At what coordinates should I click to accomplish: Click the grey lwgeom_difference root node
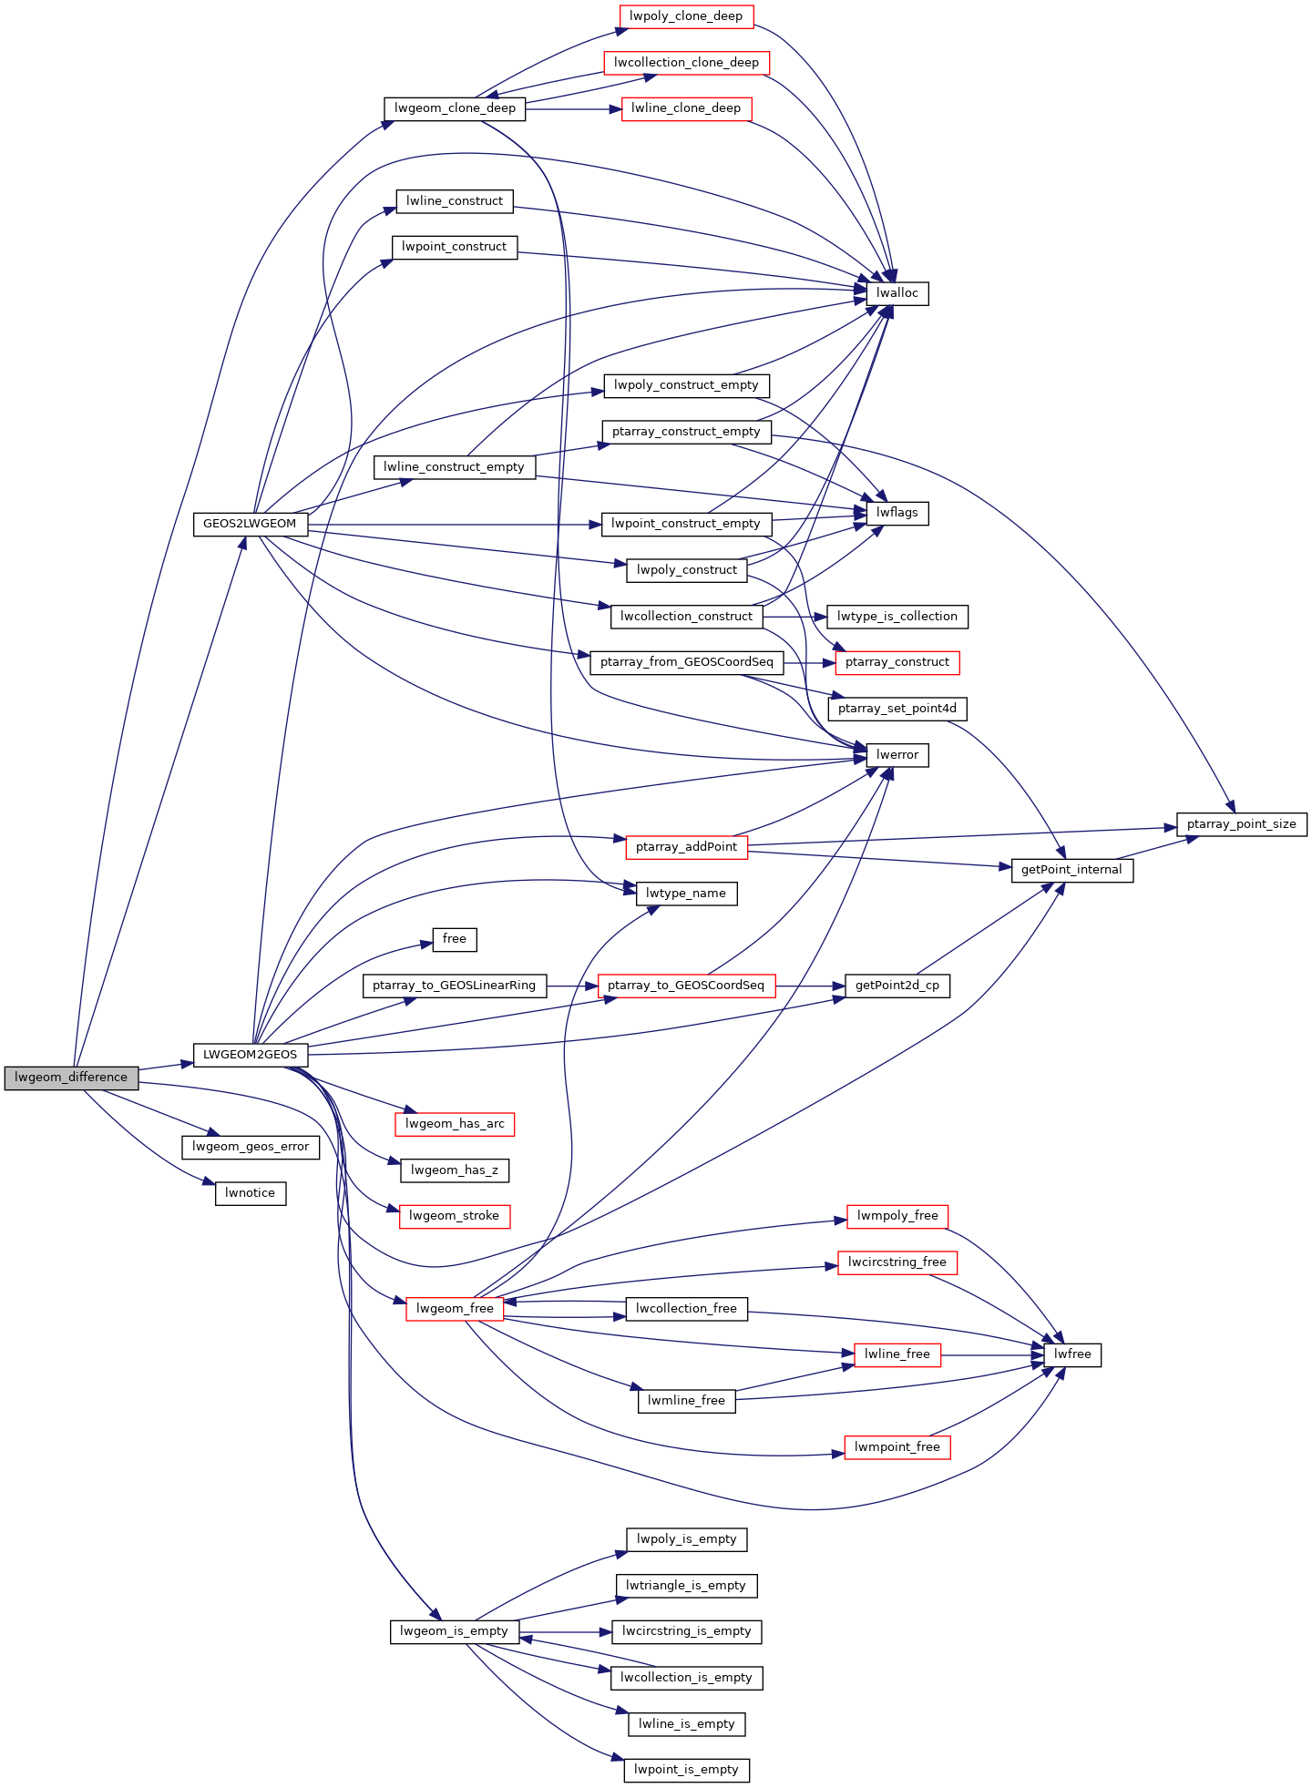click(x=71, y=1078)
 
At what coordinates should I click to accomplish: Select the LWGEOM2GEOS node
click(x=251, y=1055)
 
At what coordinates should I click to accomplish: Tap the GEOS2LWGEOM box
click(x=250, y=524)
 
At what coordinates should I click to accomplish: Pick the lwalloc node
click(x=897, y=293)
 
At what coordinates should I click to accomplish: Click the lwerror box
click(x=897, y=755)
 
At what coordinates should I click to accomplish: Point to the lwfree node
click(x=1072, y=1354)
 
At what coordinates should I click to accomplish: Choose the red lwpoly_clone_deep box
click(x=686, y=16)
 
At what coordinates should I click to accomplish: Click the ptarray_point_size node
click(x=1242, y=824)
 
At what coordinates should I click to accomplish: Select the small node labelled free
click(x=455, y=939)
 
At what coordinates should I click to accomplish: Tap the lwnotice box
click(x=251, y=1193)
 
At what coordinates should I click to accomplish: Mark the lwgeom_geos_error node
click(x=251, y=1147)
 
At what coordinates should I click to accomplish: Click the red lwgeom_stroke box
click(x=455, y=1216)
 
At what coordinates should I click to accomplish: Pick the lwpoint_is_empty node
click(x=687, y=1770)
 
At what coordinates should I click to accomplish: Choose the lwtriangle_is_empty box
click(x=686, y=1586)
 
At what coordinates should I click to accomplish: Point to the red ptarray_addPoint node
click(x=686, y=847)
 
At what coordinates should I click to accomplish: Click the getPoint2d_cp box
click(x=897, y=986)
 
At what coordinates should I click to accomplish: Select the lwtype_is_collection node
click(x=897, y=617)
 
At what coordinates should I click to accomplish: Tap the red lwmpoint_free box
click(x=897, y=1447)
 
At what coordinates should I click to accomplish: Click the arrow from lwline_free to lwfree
click(x=992, y=1355)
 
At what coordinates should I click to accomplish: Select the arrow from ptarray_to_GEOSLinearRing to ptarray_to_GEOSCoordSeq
click(x=572, y=986)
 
